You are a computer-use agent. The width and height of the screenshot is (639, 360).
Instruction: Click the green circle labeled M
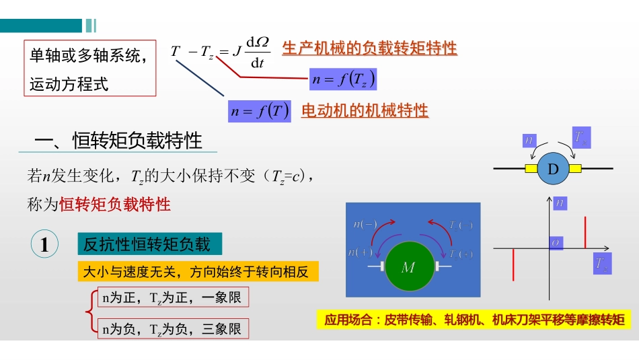[x=408, y=266]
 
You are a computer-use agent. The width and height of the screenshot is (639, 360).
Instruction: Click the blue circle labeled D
[x=553, y=169]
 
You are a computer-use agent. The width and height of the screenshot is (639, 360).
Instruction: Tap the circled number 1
[x=44, y=245]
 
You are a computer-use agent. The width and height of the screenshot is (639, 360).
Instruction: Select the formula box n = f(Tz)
[x=342, y=79]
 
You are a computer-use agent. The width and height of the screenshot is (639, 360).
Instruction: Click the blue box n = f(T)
[x=259, y=111]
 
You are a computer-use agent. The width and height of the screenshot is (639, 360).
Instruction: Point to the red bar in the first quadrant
[x=586, y=232]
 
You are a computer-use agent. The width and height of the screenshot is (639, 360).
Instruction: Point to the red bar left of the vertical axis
[x=514, y=264]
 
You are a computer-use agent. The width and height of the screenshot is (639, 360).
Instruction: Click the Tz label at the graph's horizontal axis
[x=602, y=264]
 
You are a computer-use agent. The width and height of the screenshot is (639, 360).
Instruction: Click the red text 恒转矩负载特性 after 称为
[x=115, y=205]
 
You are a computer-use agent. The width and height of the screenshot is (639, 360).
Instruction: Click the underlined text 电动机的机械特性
[x=365, y=111]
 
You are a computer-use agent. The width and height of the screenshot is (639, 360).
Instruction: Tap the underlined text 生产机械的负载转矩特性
[x=369, y=48]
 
